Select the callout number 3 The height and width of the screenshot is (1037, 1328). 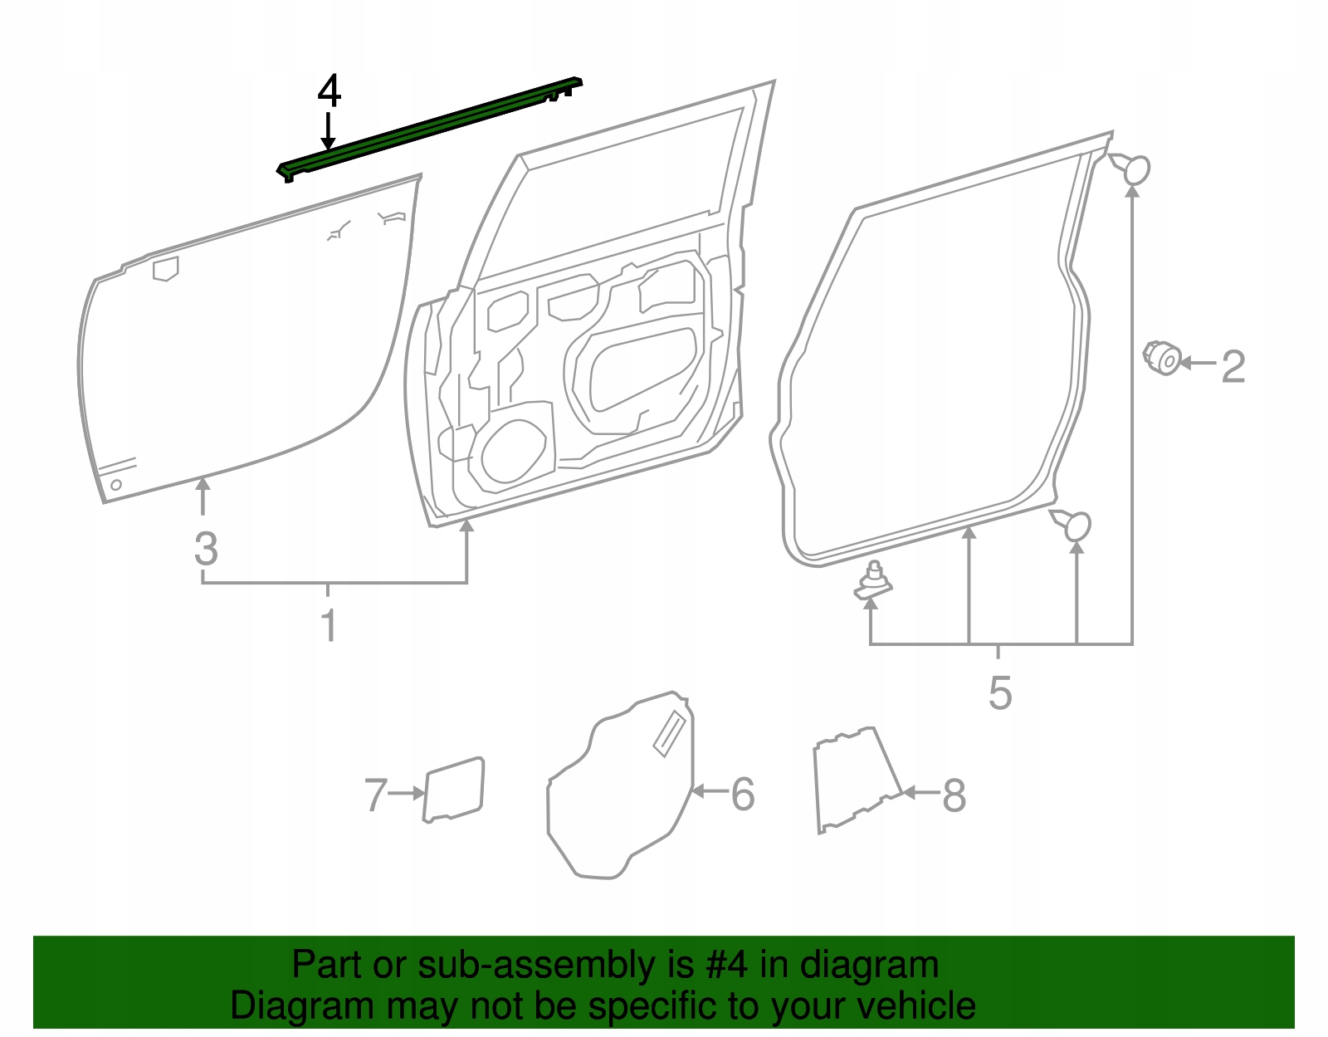pos(206,550)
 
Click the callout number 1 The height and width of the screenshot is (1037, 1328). pos(329,625)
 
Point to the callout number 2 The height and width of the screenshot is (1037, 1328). pos(1233,366)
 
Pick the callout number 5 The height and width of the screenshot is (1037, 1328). pos(1000,692)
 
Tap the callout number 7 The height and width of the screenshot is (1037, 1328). pos(376,795)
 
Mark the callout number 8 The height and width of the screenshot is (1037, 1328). pos(954,796)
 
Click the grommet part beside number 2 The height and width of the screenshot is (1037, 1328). pos(1164,358)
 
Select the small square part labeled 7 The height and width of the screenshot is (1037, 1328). pos(453,789)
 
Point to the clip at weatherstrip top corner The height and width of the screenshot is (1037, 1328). pos(1132,169)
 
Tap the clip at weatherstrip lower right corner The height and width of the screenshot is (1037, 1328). pos(1073,524)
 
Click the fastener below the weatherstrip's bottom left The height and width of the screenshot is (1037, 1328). pos(873,582)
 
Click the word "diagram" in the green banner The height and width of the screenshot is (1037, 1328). pos(869,966)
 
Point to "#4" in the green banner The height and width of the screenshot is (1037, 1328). pos(727,966)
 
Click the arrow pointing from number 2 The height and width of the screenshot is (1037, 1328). pos(1197,363)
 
